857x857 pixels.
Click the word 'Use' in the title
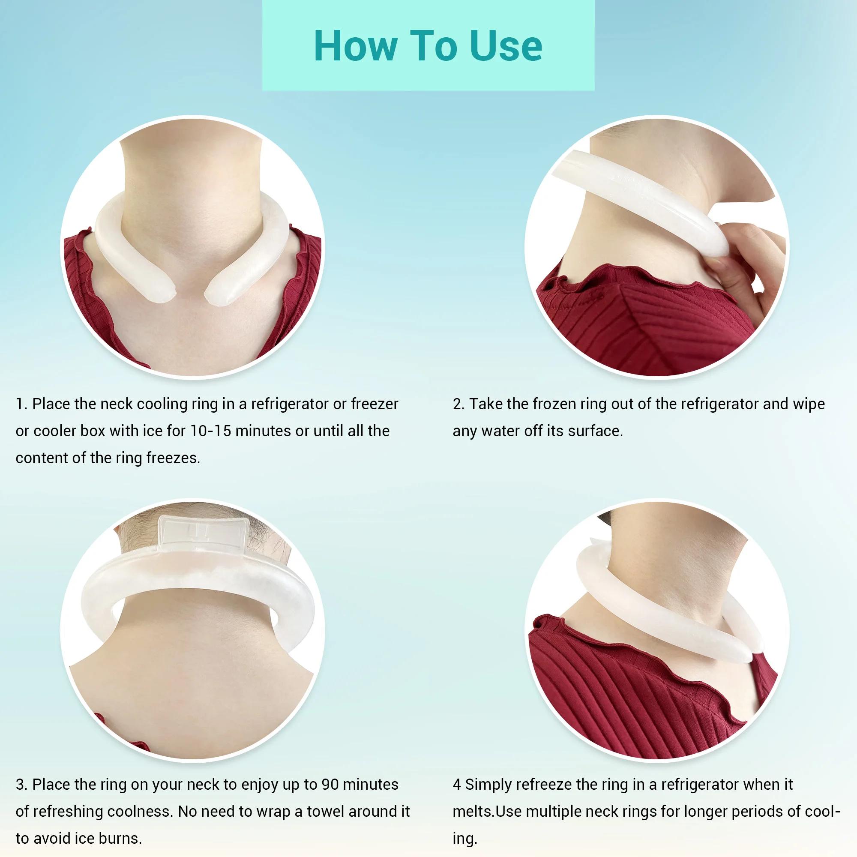506,46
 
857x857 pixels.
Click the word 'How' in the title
355,46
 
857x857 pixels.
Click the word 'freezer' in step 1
375,404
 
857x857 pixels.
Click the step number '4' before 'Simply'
456,784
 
